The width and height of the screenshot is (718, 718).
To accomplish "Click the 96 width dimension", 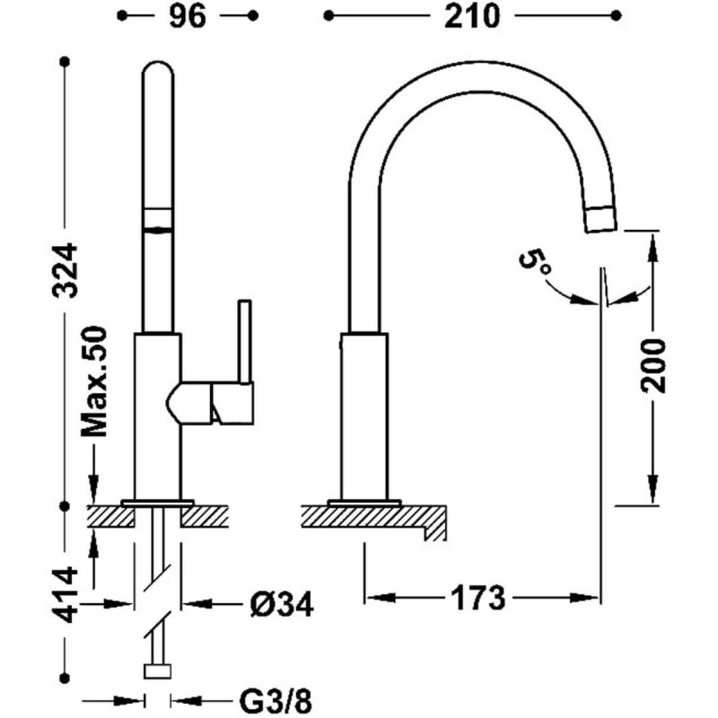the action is (188, 17).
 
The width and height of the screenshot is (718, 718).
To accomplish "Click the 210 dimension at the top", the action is (472, 17).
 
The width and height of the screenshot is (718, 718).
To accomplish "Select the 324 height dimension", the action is (65, 270).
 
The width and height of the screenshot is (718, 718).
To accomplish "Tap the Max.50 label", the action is (93, 381).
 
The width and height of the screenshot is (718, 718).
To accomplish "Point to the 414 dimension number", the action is (65, 594).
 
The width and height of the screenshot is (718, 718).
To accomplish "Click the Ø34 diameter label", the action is (282, 604).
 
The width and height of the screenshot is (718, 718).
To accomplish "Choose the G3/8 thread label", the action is (276, 701).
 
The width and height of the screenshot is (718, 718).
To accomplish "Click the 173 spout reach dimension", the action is (478, 598).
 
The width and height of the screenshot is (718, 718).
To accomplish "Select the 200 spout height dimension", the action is (653, 365).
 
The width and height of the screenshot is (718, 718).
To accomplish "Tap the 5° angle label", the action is (534, 262).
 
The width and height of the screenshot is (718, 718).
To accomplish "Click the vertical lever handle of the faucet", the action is (244, 341).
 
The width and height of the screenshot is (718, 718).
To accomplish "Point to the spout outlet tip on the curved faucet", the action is (601, 220).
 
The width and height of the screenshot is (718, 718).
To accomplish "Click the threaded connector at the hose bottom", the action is (158, 671).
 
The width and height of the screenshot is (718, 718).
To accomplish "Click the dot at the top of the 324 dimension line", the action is (65, 61).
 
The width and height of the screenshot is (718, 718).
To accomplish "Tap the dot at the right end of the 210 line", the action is (616, 16).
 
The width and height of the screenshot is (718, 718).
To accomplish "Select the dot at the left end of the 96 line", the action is (122, 16).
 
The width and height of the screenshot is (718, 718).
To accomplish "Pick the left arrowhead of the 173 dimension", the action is (381, 598).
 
